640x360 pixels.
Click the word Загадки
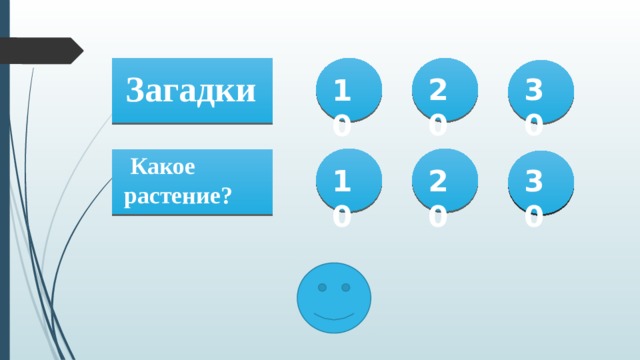coord(191,90)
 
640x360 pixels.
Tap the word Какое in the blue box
coord(163,167)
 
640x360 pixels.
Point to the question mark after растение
coord(228,194)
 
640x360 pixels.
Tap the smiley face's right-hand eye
coord(346,287)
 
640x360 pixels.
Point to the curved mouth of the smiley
coord(334,315)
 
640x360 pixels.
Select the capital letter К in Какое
coord(140,167)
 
